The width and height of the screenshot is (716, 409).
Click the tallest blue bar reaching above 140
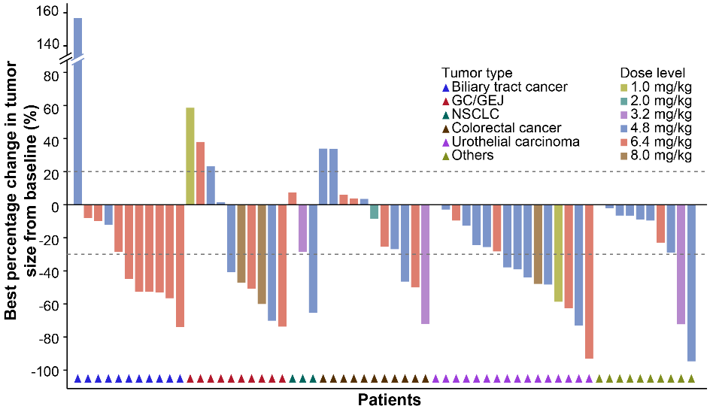pyautogui.click(x=77, y=105)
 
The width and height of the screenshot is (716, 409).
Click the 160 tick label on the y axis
pyautogui.click(x=47, y=12)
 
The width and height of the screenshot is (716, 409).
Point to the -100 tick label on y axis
pyautogui.click(x=44, y=371)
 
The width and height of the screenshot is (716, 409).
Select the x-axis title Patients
pyautogui.click(x=389, y=398)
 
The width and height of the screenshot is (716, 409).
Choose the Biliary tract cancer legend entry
pyautogui.click(x=504, y=87)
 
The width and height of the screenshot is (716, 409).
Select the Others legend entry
pyautogui.click(x=472, y=155)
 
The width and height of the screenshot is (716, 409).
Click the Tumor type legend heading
pyautogui.click(x=477, y=73)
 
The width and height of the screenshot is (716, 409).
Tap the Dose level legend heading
pyautogui.click(x=652, y=73)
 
